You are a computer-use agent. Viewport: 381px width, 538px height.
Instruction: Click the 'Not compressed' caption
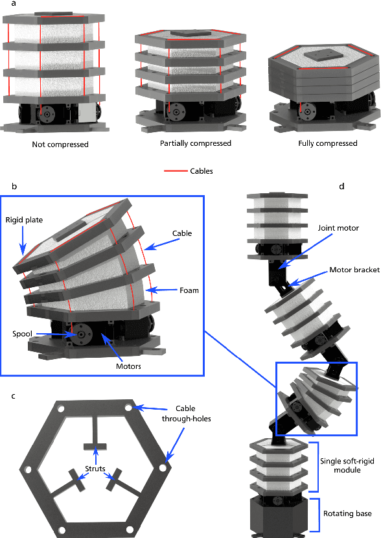[x=60, y=145]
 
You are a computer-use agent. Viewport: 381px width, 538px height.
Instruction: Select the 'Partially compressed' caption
[x=196, y=143]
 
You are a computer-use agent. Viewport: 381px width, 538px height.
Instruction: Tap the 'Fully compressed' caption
[x=327, y=143]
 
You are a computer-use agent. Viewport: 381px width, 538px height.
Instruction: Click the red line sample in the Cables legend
[x=175, y=171]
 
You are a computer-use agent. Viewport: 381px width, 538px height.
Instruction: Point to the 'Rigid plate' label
[x=24, y=220]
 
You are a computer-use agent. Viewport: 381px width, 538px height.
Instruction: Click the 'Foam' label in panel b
[x=189, y=290]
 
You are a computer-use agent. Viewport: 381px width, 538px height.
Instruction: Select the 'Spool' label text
[x=22, y=334]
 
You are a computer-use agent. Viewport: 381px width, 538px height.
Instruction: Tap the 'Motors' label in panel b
[x=128, y=366]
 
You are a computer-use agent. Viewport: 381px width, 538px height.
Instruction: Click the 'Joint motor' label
[x=338, y=228]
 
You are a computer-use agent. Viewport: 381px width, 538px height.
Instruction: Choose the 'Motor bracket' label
[x=354, y=270]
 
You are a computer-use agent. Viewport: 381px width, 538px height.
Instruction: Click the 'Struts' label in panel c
[x=95, y=469]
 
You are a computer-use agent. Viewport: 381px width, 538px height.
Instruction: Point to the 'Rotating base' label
[x=347, y=513]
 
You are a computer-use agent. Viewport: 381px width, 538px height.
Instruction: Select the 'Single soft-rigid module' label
[x=347, y=465]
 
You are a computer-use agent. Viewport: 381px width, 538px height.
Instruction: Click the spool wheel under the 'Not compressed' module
[x=47, y=114]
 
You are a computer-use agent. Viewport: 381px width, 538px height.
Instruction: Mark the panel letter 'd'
[x=341, y=186]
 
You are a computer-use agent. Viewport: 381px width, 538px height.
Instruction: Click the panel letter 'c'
[x=13, y=396]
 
